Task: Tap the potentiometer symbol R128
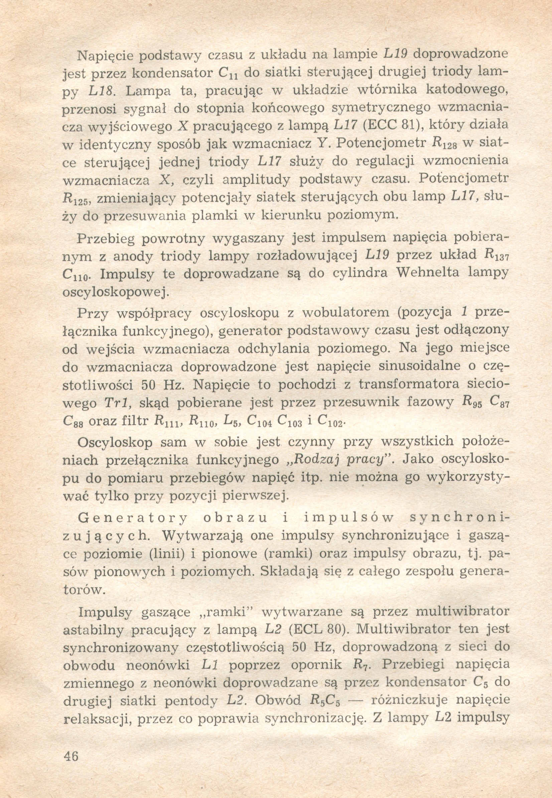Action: click(x=443, y=144)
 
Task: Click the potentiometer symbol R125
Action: click(x=76, y=199)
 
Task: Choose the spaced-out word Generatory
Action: click(x=133, y=518)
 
